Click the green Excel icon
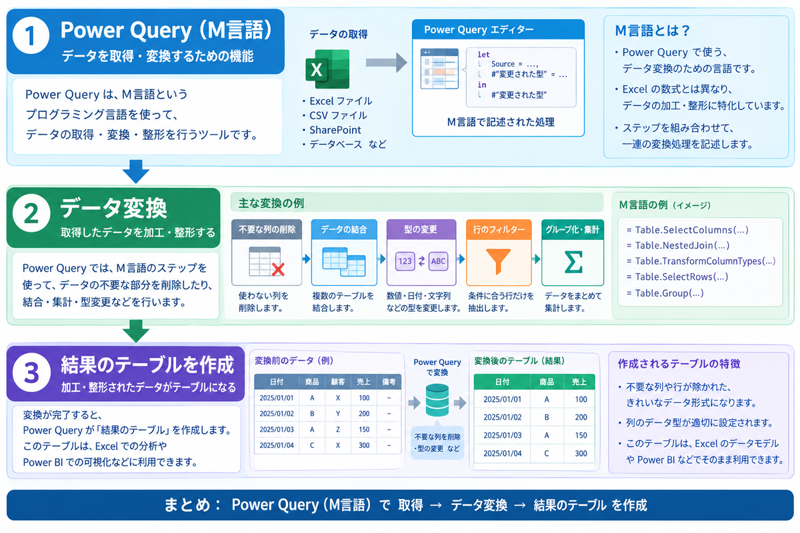coord(327,69)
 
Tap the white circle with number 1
coord(31,35)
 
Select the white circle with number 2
coord(31,213)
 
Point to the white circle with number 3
coord(31,372)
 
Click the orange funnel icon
coord(498,261)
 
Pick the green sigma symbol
coord(573,262)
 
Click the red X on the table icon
coord(278,270)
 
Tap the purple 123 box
coord(405,261)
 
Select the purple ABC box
coord(438,261)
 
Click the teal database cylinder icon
coord(437,400)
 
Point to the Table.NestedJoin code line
coord(677,245)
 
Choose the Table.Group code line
coord(665,292)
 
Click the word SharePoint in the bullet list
coord(335,130)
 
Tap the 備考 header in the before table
coord(389,382)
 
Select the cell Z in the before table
coord(338,430)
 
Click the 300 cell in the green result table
coord(581,454)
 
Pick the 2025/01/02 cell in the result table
coord(502,417)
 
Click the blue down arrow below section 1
coord(136,171)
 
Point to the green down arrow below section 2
coord(136,331)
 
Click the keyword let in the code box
coord(483,55)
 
